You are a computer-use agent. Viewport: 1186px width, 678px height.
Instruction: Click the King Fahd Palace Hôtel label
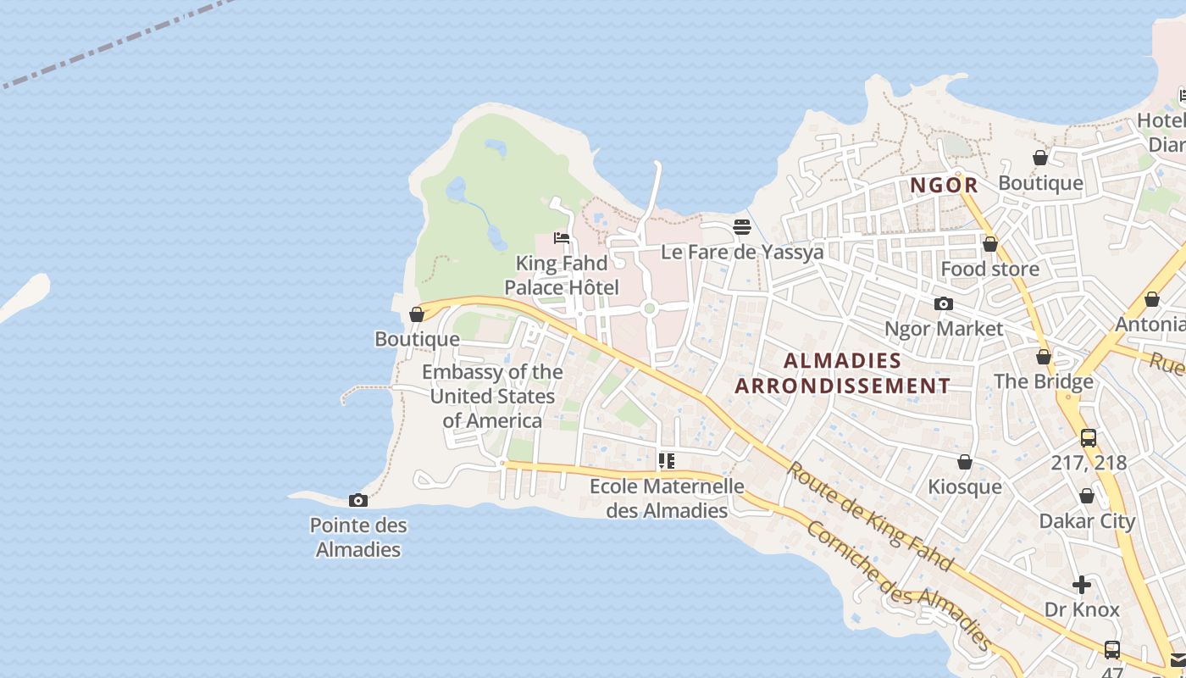562,275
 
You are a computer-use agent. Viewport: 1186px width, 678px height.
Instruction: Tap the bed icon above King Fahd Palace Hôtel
561,238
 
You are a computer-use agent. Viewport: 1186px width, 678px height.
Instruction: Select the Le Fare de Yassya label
742,252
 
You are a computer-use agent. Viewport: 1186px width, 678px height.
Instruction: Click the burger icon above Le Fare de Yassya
742,227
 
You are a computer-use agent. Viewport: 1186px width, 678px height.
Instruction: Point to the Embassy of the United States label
492,396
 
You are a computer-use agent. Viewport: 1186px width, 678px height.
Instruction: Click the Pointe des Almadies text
358,537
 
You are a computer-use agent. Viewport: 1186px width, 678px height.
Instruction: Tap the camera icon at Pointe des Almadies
358,501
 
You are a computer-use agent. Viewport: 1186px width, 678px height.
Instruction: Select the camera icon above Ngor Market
943,304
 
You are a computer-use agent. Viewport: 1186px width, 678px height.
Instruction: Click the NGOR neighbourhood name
944,185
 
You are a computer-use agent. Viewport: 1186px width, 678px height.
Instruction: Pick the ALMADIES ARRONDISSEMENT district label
842,373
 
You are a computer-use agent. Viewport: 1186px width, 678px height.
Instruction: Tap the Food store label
989,269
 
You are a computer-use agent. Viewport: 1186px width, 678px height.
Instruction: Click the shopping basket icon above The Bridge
1044,357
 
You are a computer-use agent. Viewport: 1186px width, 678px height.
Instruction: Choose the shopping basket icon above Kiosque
964,462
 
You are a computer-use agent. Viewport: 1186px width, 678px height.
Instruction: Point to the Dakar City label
1087,520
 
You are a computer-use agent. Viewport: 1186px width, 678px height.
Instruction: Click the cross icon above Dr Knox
1082,585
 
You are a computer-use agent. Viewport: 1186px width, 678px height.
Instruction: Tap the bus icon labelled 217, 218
1089,438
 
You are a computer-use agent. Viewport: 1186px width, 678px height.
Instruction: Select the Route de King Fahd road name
870,516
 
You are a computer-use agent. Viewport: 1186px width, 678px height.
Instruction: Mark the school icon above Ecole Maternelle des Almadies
667,461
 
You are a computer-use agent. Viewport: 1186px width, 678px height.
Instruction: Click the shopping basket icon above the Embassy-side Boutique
417,314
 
